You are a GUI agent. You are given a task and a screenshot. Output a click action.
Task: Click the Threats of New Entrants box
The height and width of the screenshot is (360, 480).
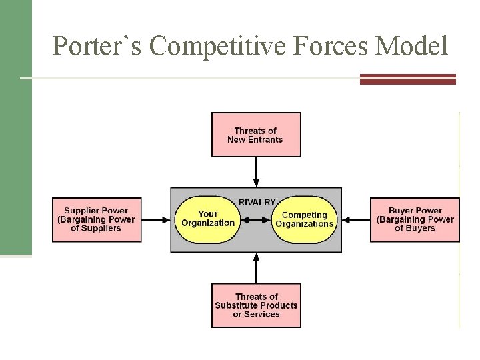pyautogui.click(x=255, y=134)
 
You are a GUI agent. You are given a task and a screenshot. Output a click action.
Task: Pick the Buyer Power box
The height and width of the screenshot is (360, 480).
pyautogui.click(x=415, y=219)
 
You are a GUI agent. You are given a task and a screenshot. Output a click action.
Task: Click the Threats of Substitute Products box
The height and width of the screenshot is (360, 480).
pyautogui.click(x=256, y=305)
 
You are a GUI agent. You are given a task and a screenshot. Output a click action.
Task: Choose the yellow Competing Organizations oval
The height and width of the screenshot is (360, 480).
pyautogui.click(x=304, y=219)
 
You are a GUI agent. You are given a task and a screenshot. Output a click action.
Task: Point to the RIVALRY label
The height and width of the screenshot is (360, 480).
pyautogui.click(x=257, y=201)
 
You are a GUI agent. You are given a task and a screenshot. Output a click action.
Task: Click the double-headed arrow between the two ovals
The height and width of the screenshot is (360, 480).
pyautogui.click(x=256, y=219)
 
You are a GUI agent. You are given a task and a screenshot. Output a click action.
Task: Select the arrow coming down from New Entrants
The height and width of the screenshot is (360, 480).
pyautogui.click(x=256, y=172)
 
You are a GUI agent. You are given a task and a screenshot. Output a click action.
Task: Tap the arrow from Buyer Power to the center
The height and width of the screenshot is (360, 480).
pyautogui.click(x=355, y=219)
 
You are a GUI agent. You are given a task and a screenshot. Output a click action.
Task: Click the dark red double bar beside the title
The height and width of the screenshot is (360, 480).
pyautogui.click(x=407, y=79)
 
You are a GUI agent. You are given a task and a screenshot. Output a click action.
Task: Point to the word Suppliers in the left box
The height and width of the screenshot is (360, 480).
pyautogui.click(x=103, y=228)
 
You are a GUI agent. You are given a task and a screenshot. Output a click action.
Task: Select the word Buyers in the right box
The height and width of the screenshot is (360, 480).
pyautogui.click(x=421, y=228)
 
